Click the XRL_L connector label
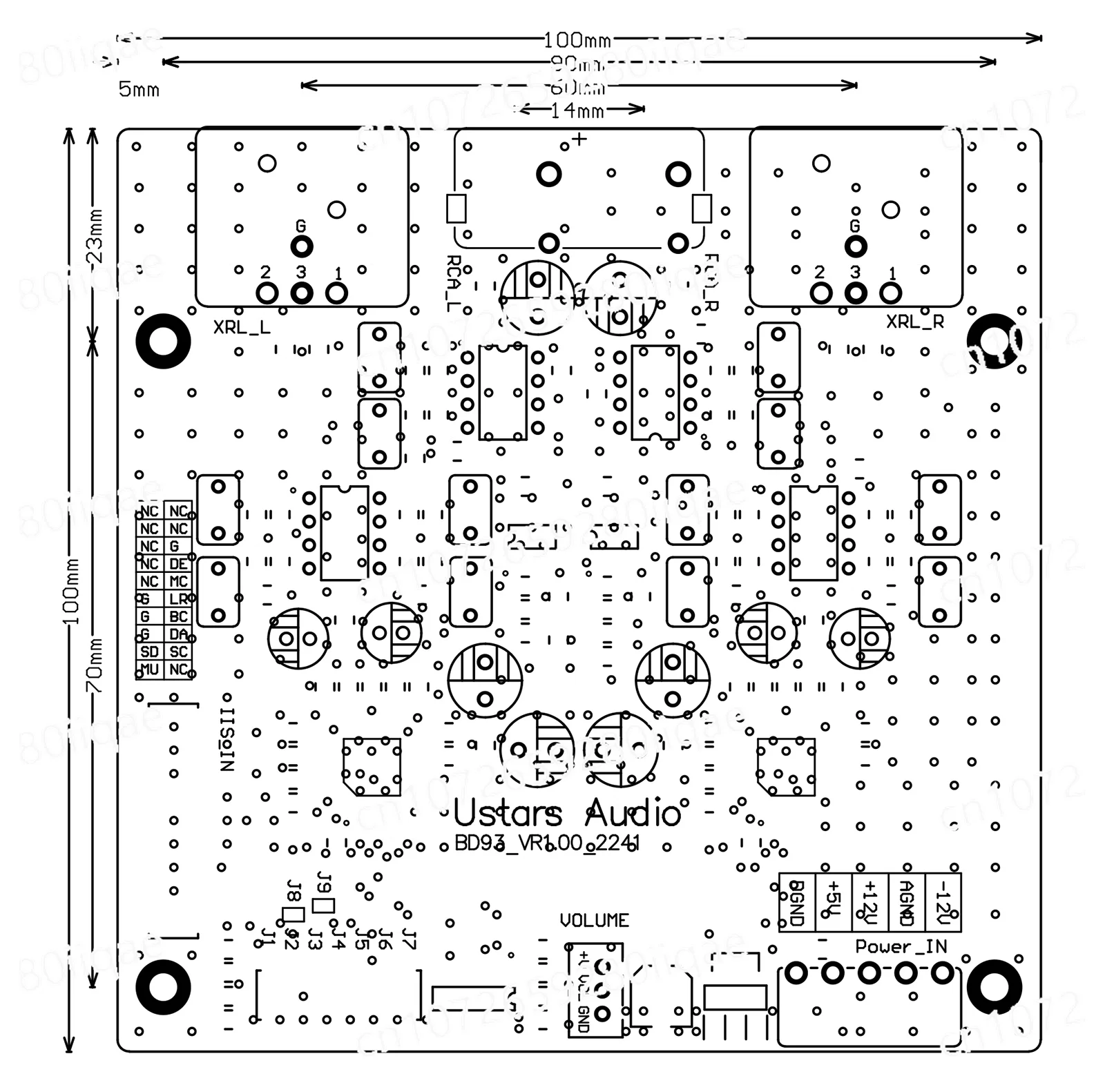pos(241,327)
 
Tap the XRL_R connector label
pos(914,322)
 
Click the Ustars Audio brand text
pos(567,814)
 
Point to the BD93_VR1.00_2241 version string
pos(547,843)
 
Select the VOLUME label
pos(594,920)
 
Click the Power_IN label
pos(901,946)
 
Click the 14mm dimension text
pos(577,111)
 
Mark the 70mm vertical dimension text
pos(95,666)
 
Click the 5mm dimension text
pos(139,90)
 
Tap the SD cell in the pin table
pos(149,652)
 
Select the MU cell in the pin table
pos(149,669)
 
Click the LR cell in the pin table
pos(178,599)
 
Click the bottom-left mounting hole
pos(163,986)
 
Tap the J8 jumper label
pos(293,892)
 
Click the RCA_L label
pos(453,283)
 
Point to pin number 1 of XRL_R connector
pos(892,273)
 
